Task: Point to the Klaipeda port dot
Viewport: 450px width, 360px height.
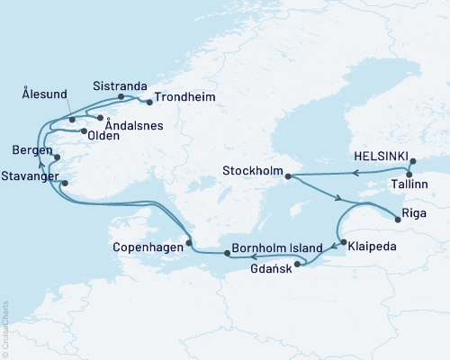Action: point(344,242)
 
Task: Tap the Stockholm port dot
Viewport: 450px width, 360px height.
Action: point(288,176)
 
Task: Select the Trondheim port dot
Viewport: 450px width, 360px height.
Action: point(148,102)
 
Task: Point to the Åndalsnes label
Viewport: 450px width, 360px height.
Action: point(133,127)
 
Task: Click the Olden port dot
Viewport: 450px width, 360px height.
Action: point(84,132)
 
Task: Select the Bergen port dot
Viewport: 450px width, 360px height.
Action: point(58,157)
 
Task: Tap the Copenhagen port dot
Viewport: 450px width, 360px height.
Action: point(188,244)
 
